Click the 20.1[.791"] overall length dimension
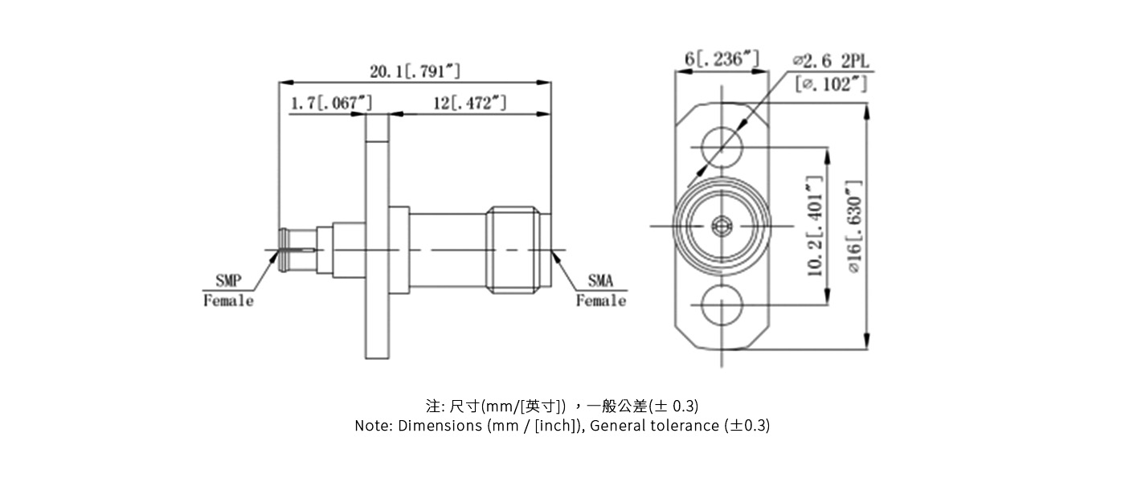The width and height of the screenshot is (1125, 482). pyautogui.click(x=415, y=71)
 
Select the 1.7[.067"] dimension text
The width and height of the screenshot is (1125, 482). pyautogui.click(x=331, y=103)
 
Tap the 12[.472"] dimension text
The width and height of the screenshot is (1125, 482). pyautogui.click(x=470, y=103)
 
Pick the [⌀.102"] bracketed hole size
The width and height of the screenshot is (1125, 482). pyautogui.click(x=831, y=84)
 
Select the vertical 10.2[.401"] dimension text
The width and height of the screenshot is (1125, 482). pyautogui.click(x=816, y=227)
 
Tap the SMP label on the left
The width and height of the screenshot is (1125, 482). pyautogui.click(x=228, y=281)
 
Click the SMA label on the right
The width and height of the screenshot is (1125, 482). pyautogui.click(x=600, y=281)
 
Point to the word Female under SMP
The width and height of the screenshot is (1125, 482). pyautogui.click(x=228, y=301)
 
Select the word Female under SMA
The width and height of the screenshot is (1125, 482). pyautogui.click(x=600, y=301)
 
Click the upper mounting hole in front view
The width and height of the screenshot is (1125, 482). pyautogui.click(x=722, y=147)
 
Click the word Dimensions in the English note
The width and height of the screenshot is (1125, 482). pyautogui.click(x=440, y=426)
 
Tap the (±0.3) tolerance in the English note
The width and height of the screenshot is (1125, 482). pyautogui.click(x=747, y=426)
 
